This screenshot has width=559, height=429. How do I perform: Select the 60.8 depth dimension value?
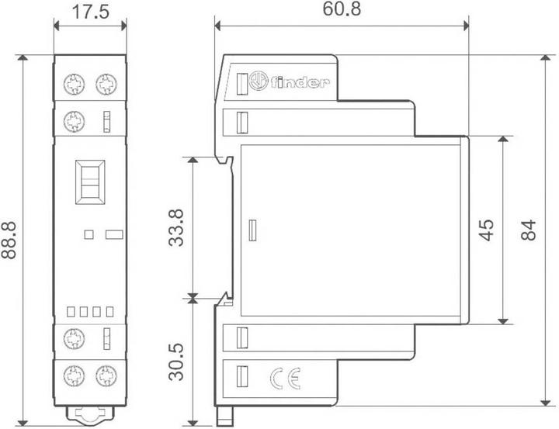342,10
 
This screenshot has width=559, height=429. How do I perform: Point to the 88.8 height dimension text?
12,240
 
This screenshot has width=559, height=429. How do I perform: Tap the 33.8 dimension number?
177,227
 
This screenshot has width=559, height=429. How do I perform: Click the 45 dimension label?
487,230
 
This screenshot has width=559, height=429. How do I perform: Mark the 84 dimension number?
529,230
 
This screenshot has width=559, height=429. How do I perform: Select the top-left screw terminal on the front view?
75,83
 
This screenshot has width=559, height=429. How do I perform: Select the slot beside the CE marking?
241,377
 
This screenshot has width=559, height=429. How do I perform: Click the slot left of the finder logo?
241,81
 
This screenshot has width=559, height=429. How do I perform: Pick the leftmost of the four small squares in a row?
70,311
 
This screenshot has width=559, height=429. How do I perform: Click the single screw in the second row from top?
75,121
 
